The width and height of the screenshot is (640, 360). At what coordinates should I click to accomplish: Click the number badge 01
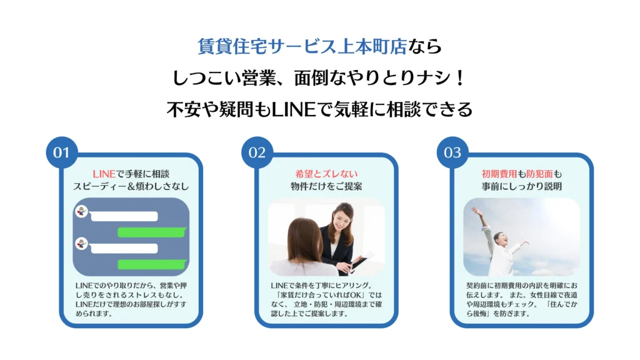pos(61,152)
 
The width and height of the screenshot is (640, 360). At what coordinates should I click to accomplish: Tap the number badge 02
pos(257,152)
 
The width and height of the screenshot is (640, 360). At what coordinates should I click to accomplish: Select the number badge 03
pos(452,152)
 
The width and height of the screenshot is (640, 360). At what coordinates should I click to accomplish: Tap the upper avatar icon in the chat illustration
pos(81,211)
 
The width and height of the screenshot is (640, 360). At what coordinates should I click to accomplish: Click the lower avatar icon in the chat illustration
pos(81,243)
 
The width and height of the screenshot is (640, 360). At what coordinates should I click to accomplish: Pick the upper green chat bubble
pos(152,232)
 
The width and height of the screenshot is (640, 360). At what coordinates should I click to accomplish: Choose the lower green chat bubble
pos(152,264)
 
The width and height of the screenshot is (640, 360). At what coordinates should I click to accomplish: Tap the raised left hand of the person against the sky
pos(476,212)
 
